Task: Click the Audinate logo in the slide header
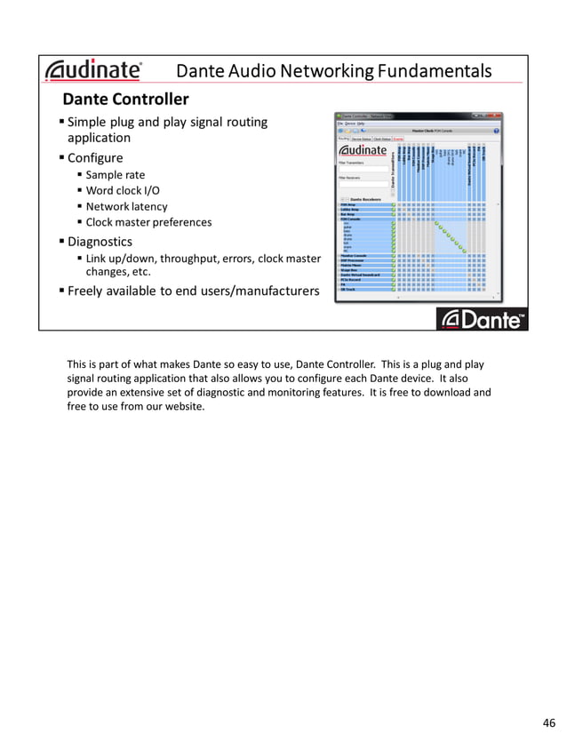[x=93, y=70]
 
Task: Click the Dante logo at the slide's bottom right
[x=482, y=319]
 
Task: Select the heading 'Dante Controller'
[x=124, y=99]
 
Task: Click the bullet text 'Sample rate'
[x=115, y=175]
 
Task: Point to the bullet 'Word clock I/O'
[x=123, y=191]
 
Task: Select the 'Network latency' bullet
[x=126, y=206]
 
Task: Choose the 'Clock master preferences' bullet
[x=148, y=222]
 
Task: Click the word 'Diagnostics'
[x=100, y=242]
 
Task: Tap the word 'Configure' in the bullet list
[x=95, y=158]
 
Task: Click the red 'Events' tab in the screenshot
[x=398, y=139]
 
